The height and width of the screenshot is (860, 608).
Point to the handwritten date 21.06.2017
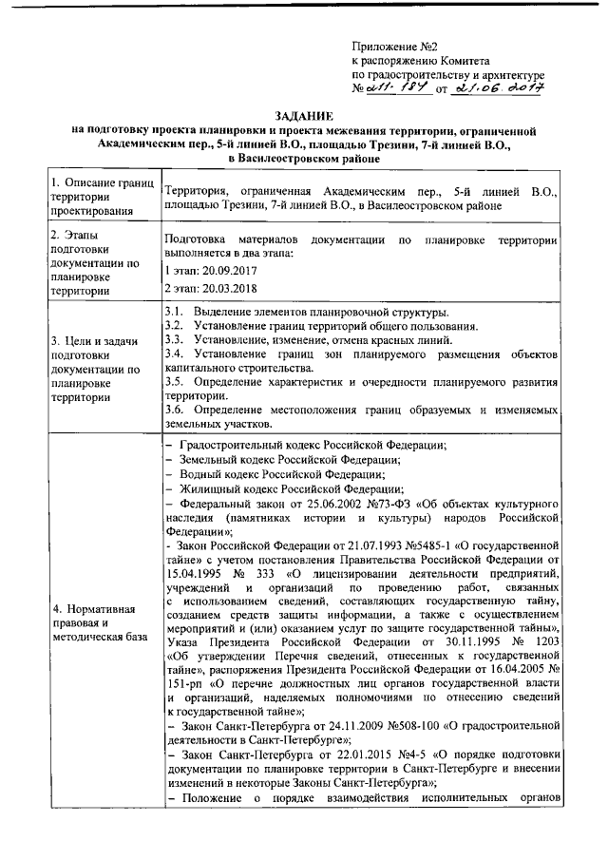[x=497, y=88]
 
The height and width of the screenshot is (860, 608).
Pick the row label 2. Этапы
[x=80, y=235]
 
